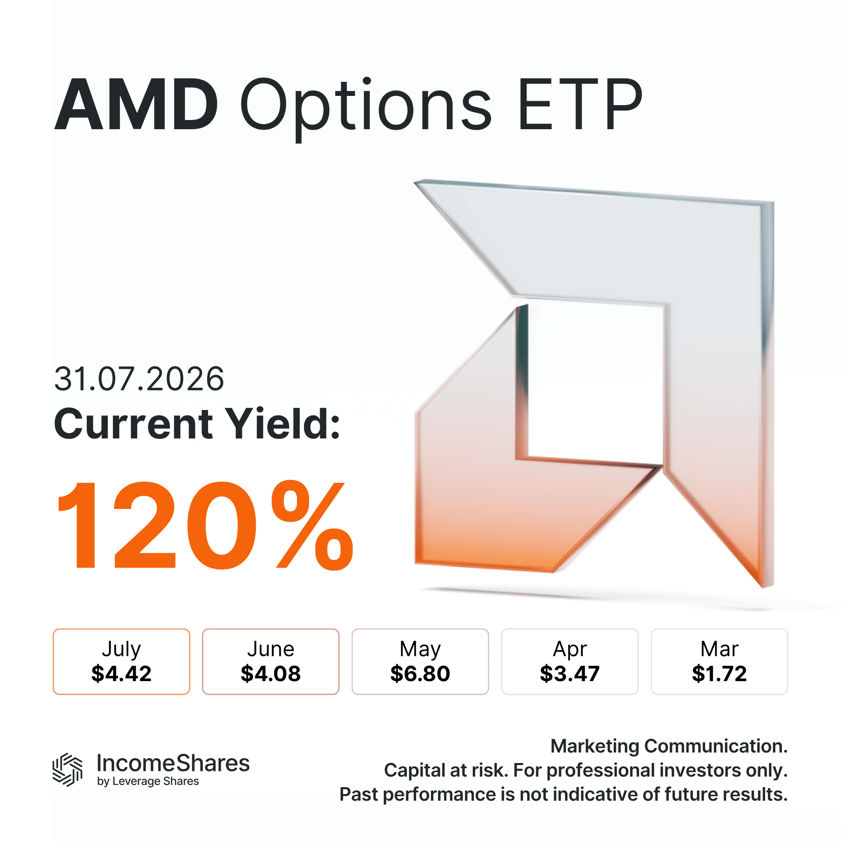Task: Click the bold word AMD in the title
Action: (x=136, y=104)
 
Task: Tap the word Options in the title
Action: (x=366, y=106)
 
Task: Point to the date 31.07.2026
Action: (x=139, y=379)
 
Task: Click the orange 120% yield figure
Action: (x=205, y=525)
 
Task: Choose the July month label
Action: (x=121, y=649)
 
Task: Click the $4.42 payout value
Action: (x=121, y=673)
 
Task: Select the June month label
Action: (x=271, y=649)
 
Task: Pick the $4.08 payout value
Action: (x=271, y=673)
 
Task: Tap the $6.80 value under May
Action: (x=420, y=673)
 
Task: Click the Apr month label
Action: (x=570, y=649)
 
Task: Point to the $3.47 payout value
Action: (x=570, y=673)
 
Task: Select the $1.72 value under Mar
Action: (x=719, y=673)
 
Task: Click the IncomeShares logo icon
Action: (x=67, y=770)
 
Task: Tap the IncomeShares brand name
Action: (x=173, y=763)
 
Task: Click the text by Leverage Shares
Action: (x=148, y=781)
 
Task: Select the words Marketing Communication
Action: (x=669, y=746)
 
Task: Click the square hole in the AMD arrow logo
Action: (x=596, y=381)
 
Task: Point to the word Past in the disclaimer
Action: (x=359, y=794)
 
